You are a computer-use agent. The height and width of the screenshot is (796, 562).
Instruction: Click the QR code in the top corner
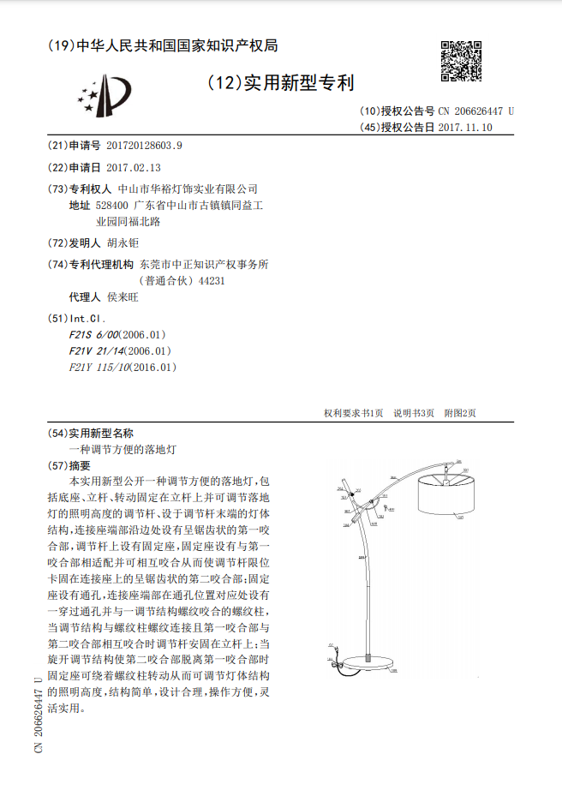460,60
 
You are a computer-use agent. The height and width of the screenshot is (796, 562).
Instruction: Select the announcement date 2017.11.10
465,128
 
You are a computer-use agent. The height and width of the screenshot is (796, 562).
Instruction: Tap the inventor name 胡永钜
126,243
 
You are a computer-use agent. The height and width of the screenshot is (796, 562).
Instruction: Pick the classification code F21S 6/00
93,334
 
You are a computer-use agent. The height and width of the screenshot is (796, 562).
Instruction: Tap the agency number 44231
212,280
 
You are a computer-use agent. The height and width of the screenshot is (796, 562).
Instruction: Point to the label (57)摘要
97,466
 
